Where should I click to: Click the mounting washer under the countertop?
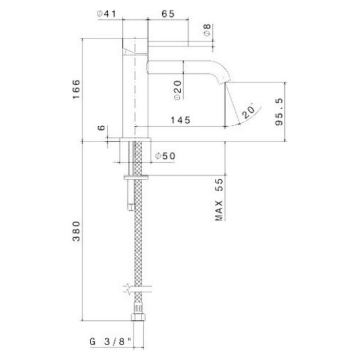137,178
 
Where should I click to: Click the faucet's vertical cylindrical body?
135,87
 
